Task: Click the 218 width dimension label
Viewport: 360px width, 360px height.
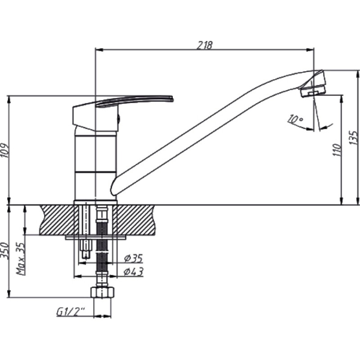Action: [x=205, y=45]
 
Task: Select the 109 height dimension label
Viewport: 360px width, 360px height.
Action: [x=5, y=151]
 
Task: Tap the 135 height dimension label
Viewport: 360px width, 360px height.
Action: [x=353, y=138]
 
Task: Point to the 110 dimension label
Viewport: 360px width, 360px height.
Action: [x=337, y=150]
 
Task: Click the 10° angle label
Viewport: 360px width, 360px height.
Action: [x=295, y=119]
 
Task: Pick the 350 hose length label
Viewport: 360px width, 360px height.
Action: [x=5, y=251]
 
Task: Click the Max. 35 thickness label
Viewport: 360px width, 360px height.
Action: [x=20, y=258]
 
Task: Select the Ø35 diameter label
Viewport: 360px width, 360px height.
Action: [x=133, y=258]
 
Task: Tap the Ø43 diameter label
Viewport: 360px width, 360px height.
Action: [x=133, y=272]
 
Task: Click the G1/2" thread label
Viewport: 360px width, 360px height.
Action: [x=71, y=312]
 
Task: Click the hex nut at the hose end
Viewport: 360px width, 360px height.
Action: [x=103, y=292]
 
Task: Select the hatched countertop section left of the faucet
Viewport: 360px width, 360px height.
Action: [x=58, y=220]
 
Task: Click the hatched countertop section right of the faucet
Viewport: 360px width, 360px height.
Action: [x=136, y=220]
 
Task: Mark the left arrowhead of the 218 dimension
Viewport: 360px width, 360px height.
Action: [x=99, y=49]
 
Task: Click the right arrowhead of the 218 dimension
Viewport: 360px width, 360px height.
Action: [x=310, y=49]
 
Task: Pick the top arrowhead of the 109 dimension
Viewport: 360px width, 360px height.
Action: [x=9, y=99]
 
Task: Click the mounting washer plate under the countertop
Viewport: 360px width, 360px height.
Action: [x=95, y=237]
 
